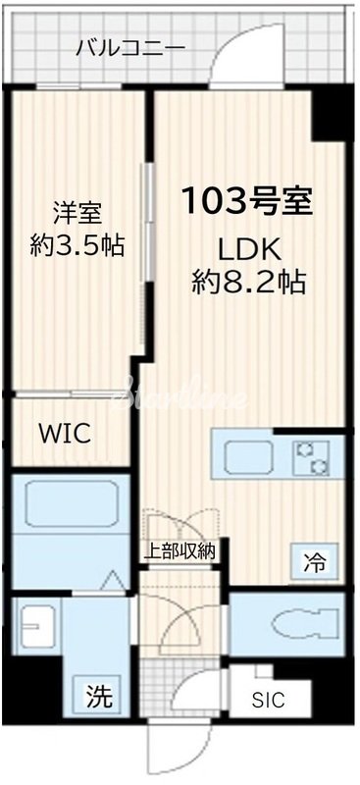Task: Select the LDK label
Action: coord(246,246)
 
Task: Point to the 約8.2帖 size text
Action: coord(247,284)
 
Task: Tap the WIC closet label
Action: coord(65,433)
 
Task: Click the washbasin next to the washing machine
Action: coord(39,624)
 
